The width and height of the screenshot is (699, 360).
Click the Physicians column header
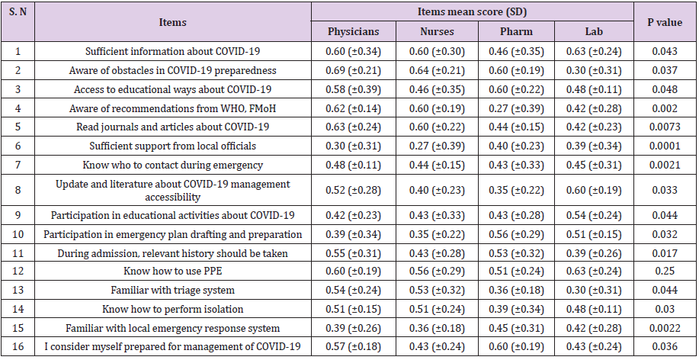(352, 32)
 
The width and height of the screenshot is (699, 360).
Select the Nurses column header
(436, 32)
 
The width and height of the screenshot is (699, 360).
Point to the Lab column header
(595, 32)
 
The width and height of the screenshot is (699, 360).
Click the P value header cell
(665, 22)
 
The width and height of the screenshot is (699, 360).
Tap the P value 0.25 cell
(665, 271)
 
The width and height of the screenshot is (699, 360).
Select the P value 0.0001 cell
(665, 146)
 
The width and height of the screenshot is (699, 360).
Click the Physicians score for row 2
(352, 70)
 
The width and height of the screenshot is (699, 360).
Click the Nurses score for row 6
(436, 146)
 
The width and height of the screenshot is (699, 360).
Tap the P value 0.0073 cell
(665, 127)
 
